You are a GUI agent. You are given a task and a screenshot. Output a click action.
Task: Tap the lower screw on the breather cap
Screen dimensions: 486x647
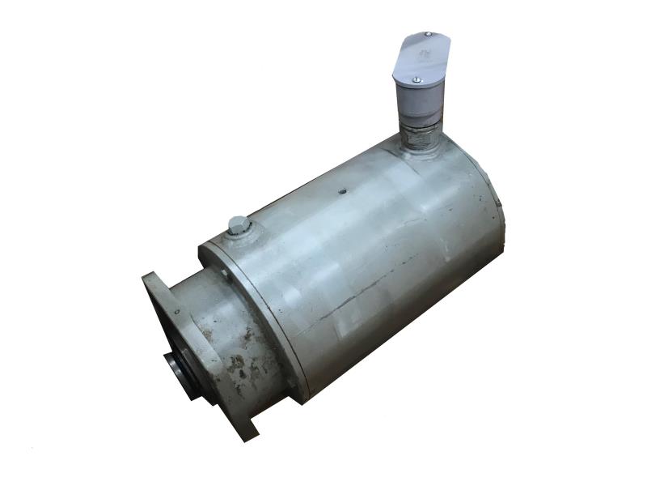pyautogui.click(x=416, y=79)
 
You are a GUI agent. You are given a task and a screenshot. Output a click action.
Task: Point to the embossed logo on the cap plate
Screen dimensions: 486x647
pyautogui.click(x=423, y=56)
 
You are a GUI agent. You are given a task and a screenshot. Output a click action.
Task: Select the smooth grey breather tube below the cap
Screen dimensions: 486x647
pyautogui.click(x=421, y=101)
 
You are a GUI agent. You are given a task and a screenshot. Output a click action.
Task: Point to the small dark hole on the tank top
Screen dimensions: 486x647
pyautogui.click(x=342, y=192)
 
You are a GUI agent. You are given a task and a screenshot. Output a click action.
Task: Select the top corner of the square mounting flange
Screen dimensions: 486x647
pyautogui.click(x=151, y=278)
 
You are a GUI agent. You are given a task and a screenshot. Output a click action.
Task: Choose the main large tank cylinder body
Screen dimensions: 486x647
pyautogui.click(x=356, y=251)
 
